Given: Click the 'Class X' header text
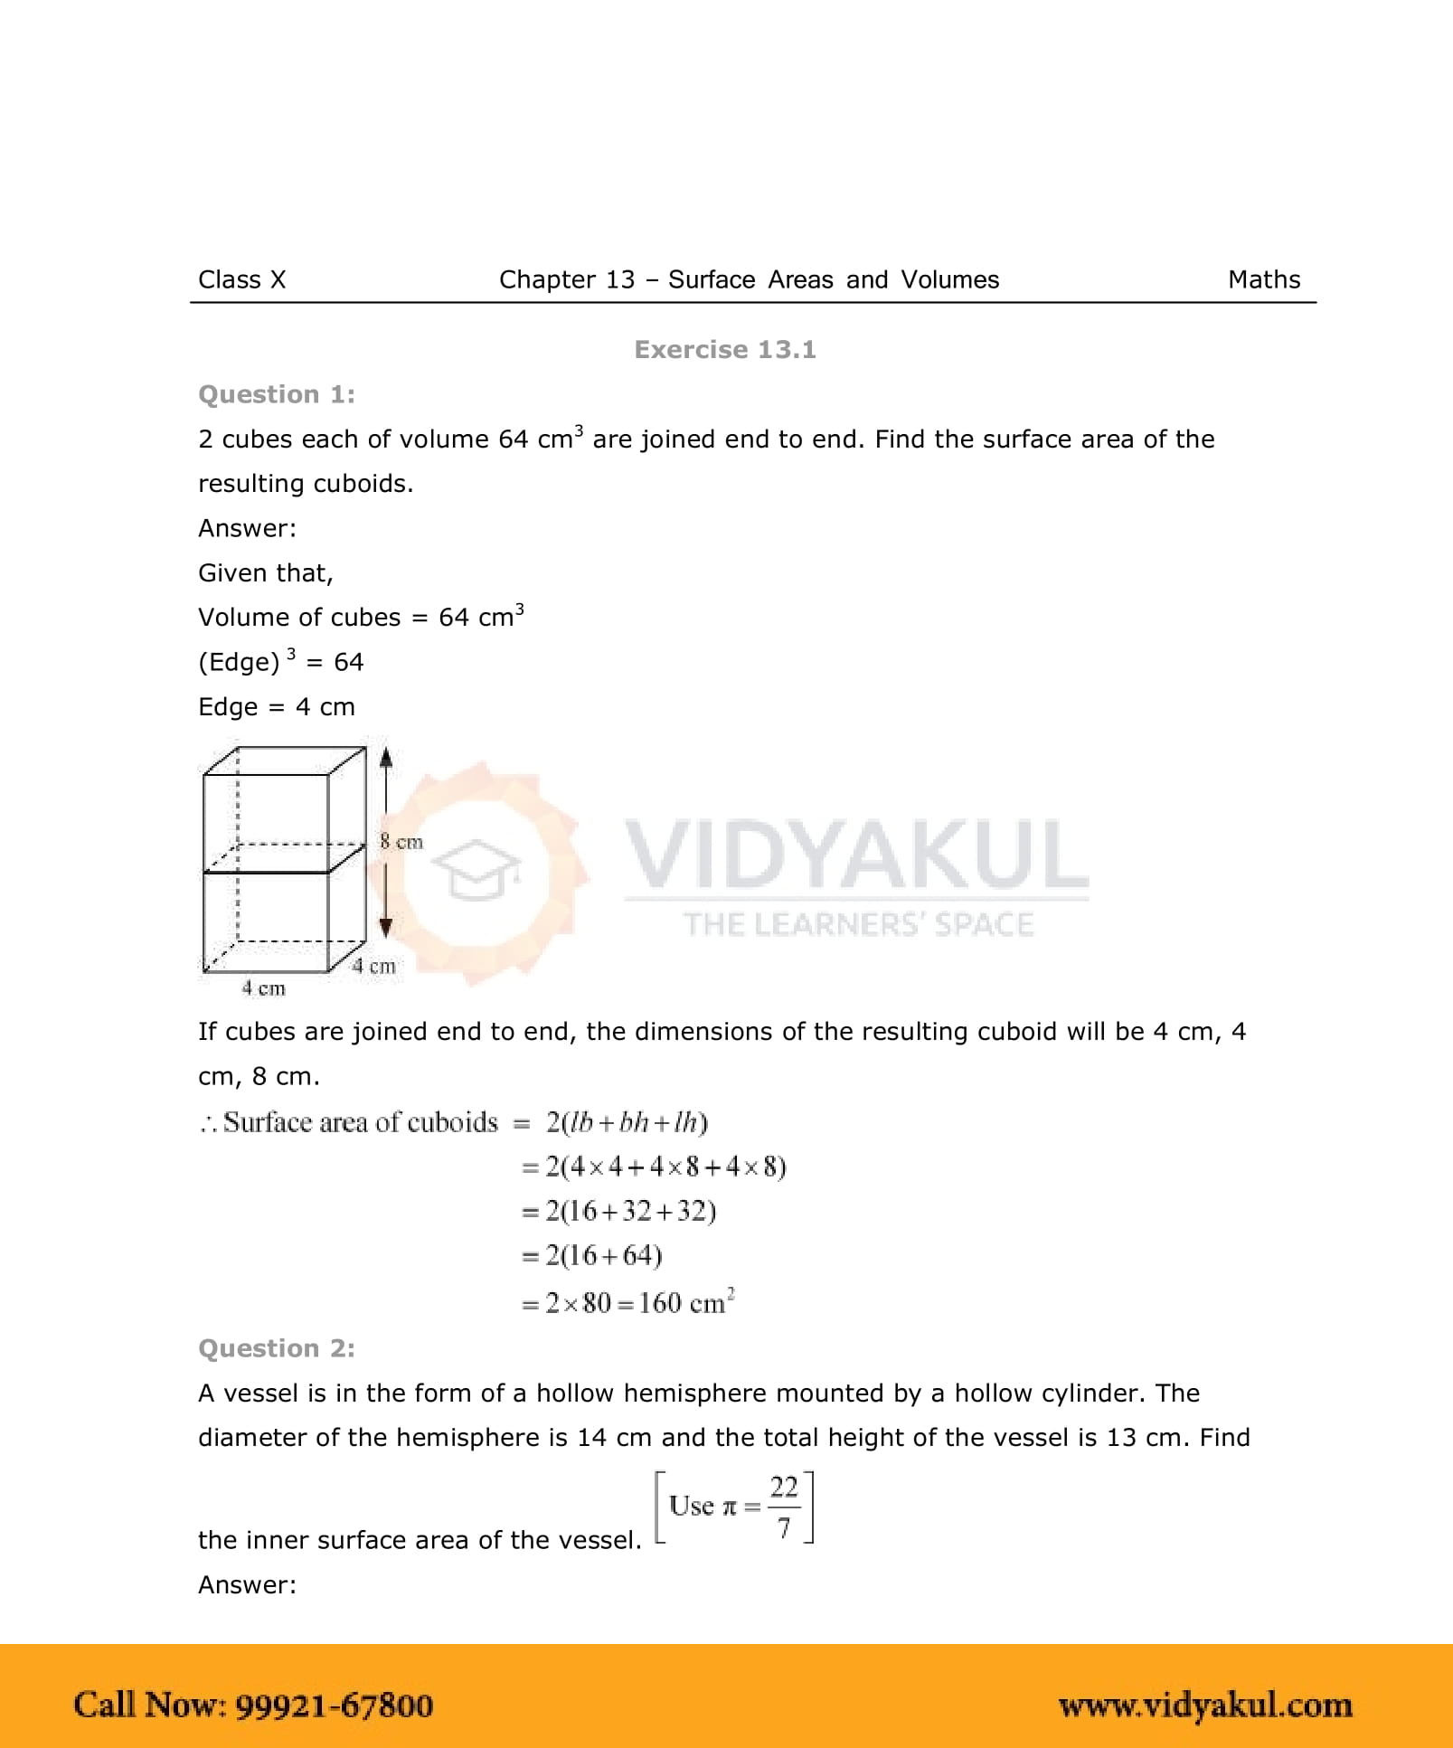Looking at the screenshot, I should [x=241, y=279].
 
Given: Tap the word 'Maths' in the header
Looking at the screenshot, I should [x=1263, y=279].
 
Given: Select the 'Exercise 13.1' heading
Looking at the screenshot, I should [x=725, y=350].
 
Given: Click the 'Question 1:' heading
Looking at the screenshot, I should [x=277, y=394].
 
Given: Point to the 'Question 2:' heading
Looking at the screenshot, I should [x=277, y=1348].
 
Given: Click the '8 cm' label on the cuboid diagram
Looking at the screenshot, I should [x=401, y=842].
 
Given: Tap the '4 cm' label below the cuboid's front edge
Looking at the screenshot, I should [x=263, y=988].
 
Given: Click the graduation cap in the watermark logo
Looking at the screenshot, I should [x=476, y=869].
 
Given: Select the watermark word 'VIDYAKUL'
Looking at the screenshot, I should [x=855, y=854].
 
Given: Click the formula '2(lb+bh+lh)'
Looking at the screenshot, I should [x=627, y=1122].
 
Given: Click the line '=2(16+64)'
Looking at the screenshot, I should [x=592, y=1255].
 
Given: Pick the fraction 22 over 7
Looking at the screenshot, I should [x=783, y=1507].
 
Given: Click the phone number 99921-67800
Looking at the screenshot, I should [x=334, y=1705].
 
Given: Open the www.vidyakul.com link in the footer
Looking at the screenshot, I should [x=1205, y=1705].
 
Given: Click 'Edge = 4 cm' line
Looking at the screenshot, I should [x=277, y=707].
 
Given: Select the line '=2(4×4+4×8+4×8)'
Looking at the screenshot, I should [x=654, y=1167].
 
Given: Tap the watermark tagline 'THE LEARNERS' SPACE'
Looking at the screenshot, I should [x=857, y=924].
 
